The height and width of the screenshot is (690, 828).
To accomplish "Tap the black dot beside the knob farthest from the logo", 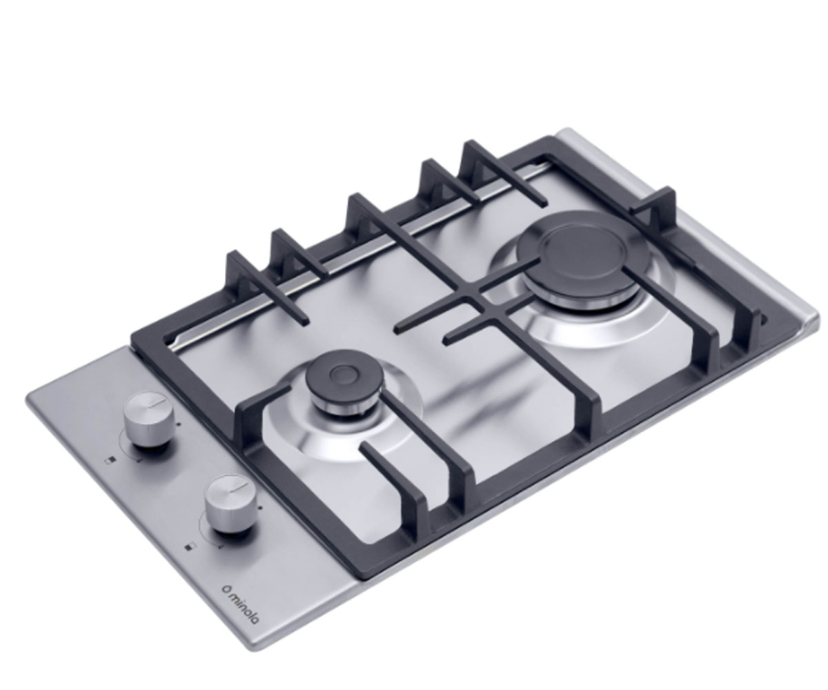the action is (179, 424).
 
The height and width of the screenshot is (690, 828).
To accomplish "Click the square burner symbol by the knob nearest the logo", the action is (190, 548).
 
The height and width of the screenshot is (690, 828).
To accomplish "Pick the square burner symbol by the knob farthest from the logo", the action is (110, 461).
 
